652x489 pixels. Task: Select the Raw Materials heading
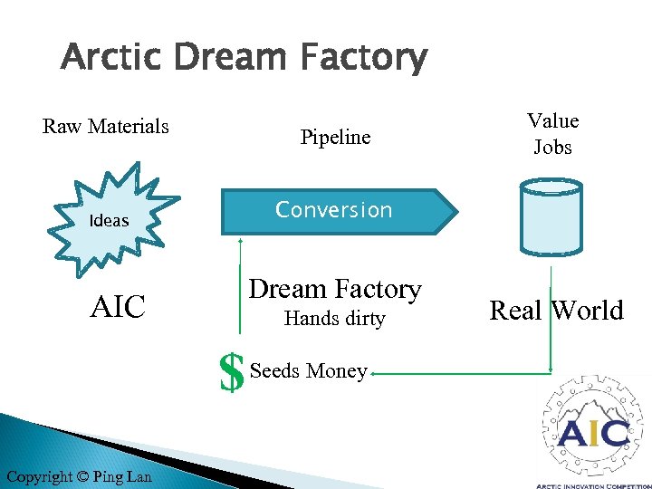coord(106,126)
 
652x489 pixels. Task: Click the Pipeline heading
coord(335,137)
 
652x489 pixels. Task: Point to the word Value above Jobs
coord(552,120)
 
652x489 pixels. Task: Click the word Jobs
coord(552,147)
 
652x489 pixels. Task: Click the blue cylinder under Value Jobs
coord(551,216)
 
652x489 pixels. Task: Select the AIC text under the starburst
coord(118,307)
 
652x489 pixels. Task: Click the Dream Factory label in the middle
coord(335,289)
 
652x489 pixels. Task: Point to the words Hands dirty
coord(334,319)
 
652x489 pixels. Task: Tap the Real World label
coord(556,310)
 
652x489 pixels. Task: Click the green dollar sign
coord(233,372)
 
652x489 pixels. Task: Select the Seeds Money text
coord(309,370)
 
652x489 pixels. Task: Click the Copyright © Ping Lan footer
coord(79,476)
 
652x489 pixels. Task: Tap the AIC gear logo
coord(593,428)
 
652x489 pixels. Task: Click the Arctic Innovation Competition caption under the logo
coord(594,484)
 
